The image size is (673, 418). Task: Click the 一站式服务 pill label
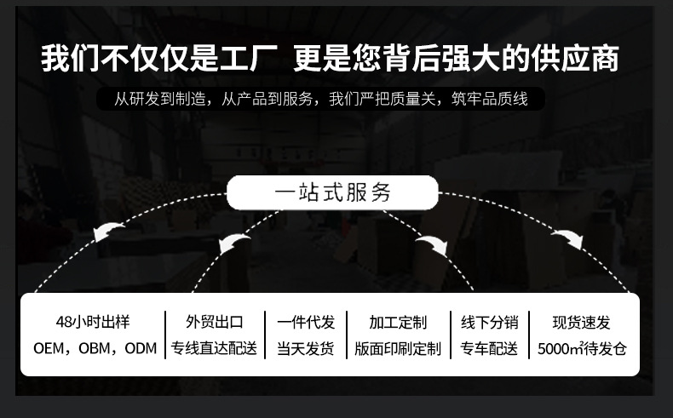(x=332, y=192)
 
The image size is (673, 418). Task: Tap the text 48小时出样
(x=93, y=322)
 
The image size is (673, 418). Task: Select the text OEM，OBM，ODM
(x=95, y=349)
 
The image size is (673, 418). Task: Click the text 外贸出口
(x=214, y=322)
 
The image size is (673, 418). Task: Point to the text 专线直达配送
(x=214, y=349)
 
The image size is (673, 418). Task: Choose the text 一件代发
(x=306, y=322)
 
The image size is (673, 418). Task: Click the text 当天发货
(x=306, y=349)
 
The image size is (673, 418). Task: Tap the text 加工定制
(x=398, y=322)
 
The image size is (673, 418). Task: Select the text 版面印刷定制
(x=398, y=349)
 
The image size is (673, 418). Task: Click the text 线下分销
(x=489, y=322)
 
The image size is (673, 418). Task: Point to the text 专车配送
(x=489, y=349)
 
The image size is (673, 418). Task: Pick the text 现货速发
(x=582, y=322)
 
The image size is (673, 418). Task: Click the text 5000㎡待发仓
(x=582, y=349)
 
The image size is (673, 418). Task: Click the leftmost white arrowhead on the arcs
(x=107, y=232)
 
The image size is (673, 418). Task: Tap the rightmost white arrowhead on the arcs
(x=567, y=238)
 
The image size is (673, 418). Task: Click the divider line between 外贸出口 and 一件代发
(x=264, y=335)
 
